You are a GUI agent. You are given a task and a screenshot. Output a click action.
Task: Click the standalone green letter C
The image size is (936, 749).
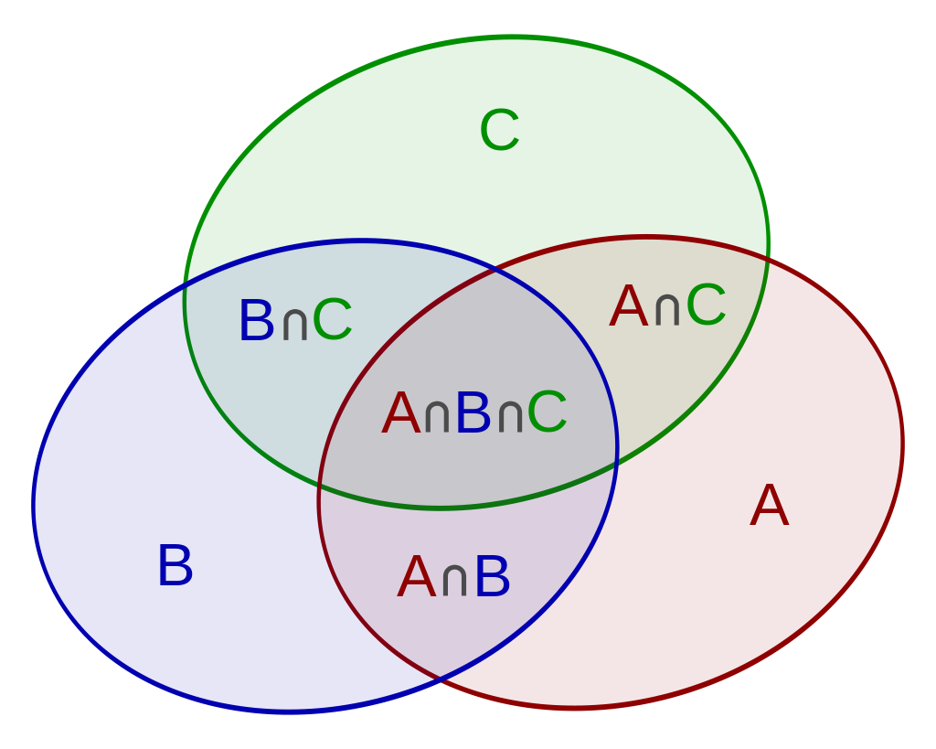click(500, 131)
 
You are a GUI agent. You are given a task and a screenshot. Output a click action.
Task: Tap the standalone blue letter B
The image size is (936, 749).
click(175, 566)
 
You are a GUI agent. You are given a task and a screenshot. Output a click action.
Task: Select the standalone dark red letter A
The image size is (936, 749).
click(769, 506)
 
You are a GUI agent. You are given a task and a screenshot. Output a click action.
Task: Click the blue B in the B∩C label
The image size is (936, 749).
click(256, 321)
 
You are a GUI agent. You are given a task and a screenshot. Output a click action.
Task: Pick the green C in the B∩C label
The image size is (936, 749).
click(332, 321)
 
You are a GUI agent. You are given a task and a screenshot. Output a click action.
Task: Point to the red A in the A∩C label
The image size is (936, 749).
click(629, 306)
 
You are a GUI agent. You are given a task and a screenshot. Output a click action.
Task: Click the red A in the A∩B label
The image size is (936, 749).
click(416, 578)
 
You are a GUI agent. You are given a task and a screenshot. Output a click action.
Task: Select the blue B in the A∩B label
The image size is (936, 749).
click(492, 578)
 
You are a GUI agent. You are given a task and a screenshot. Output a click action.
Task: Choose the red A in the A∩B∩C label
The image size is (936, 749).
click(401, 413)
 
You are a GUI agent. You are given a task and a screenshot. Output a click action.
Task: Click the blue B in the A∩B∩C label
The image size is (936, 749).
click(473, 413)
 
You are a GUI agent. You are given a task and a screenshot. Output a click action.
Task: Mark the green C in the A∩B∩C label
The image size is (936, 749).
click(547, 413)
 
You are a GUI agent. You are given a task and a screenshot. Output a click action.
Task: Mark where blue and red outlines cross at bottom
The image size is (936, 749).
click(441, 679)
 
